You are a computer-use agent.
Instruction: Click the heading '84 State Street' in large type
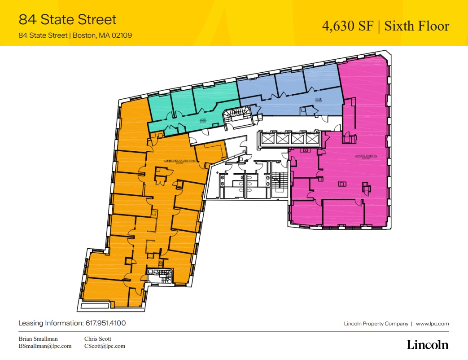click(67, 19)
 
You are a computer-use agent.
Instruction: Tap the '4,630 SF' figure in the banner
click(347, 26)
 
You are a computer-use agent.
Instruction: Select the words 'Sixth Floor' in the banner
click(418, 26)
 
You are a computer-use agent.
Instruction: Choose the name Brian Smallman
click(38, 338)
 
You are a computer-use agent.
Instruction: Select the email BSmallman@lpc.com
click(45, 346)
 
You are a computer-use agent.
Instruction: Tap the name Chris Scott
click(97, 338)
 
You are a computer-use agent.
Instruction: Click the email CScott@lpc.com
click(105, 346)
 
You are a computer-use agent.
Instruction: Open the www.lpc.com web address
click(432, 324)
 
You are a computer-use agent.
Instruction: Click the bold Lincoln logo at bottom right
click(427, 345)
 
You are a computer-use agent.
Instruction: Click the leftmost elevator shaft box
click(267, 139)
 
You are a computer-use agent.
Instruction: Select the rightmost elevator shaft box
click(311, 139)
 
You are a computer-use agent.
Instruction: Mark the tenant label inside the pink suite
click(358, 157)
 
